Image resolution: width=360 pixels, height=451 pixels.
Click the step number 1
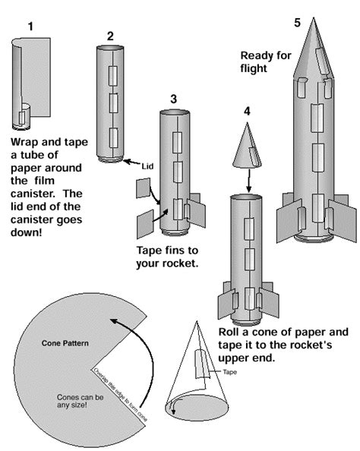pyautogui.click(x=30, y=27)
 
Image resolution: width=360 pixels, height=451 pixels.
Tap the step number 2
pyautogui.click(x=111, y=36)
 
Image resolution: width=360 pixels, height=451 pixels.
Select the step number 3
pyautogui.click(x=174, y=99)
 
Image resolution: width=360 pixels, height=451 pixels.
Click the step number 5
pyautogui.click(x=298, y=22)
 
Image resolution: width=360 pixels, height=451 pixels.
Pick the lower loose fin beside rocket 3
pyautogui.click(x=147, y=225)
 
